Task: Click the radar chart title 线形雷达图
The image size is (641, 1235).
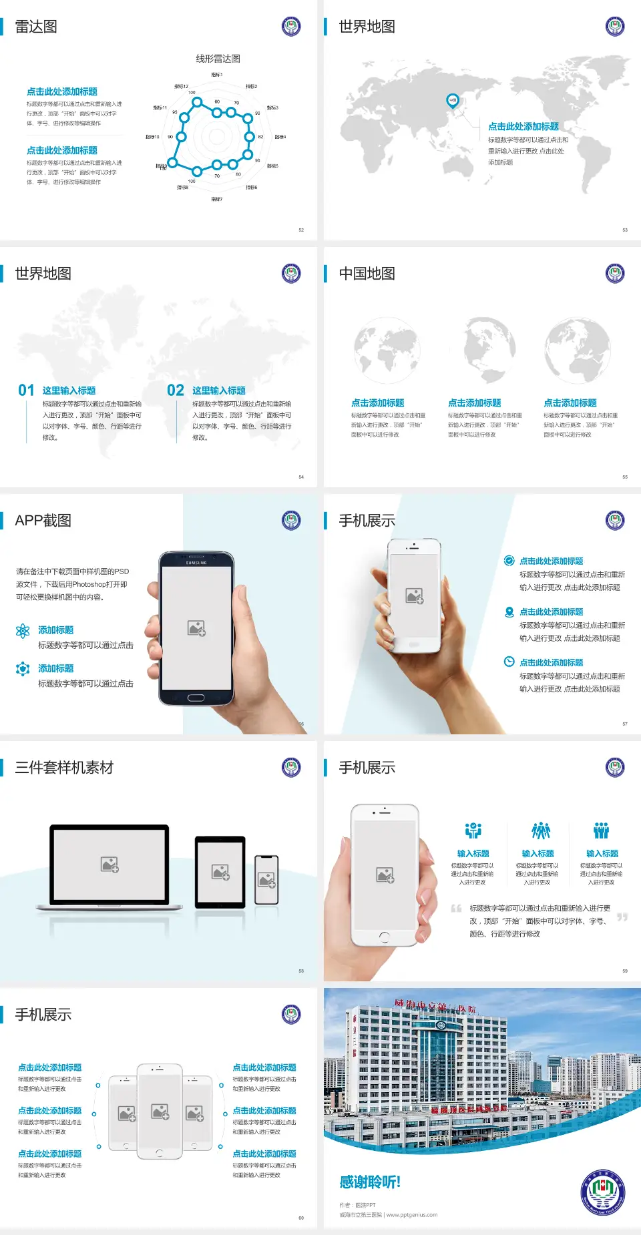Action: click(x=218, y=59)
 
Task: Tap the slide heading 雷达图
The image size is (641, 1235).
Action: click(x=36, y=27)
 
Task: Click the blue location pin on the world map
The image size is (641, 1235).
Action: click(x=452, y=100)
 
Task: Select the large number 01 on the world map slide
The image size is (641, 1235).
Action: click(x=26, y=391)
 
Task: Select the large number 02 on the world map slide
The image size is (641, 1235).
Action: click(x=176, y=391)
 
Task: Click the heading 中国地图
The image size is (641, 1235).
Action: click(x=367, y=274)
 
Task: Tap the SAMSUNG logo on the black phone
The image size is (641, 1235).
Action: click(x=196, y=563)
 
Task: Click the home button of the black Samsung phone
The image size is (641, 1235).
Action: click(x=196, y=698)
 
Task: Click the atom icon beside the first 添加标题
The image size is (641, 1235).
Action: click(x=23, y=631)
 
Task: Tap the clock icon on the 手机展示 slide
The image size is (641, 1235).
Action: click(x=509, y=662)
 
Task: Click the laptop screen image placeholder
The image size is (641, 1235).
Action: click(x=110, y=864)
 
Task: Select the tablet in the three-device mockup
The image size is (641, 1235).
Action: click(x=220, y=871)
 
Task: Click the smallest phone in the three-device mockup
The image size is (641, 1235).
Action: click(x=266, y=880)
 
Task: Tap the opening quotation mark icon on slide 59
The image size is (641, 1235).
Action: click(x=456, y=909)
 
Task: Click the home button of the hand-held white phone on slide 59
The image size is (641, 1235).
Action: click(x=384, y=937)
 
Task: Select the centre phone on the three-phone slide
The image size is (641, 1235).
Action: click(x=160, y=1111)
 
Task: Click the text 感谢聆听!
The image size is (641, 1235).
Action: click(x=370, y=1182)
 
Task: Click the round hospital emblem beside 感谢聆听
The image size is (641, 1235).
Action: click(x=603, y=1192)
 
